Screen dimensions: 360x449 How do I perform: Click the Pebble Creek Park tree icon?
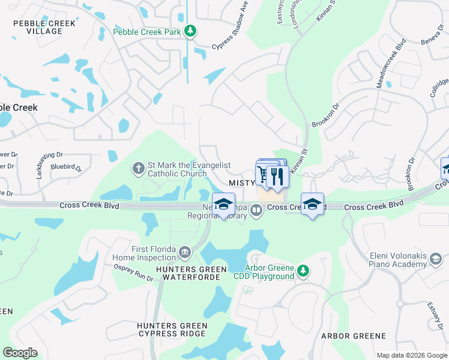(x=190, y=30)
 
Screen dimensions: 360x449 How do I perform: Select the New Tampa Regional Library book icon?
(x=257, y=210)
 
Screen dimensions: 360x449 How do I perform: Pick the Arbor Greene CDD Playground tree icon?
(x=304, y=271)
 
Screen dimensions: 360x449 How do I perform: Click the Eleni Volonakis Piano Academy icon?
(x=436, y=259)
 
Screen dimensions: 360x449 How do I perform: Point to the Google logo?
(x=20, y=353)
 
